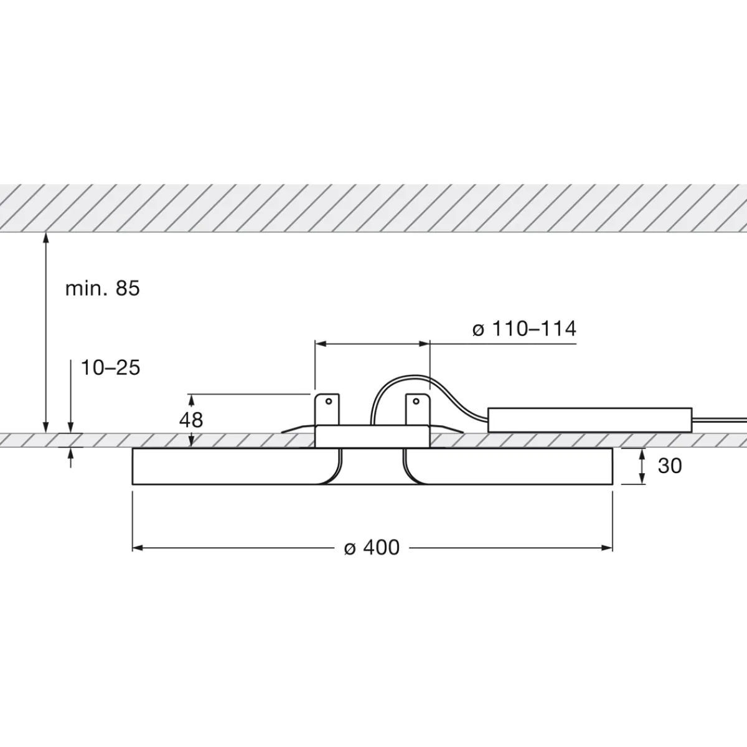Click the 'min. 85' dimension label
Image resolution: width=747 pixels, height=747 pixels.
pyautogui.click(x=103, y=288)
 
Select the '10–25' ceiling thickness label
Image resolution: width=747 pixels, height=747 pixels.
pyautogui.click(x=111, y=368)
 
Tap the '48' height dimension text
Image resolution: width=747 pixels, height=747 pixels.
pyautogui.click(x=191, y=420)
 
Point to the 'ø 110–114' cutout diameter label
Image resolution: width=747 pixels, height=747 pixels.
pyautogui.click(x=524, y=329)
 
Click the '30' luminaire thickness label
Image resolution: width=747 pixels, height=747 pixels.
pyautogui.click(x=669, y=466)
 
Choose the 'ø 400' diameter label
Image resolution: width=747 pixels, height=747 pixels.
pyautogui.click(x=372, y=547)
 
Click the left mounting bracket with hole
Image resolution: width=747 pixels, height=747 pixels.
pyautogui.click(x=327, y=408)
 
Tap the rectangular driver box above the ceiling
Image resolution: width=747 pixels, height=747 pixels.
pyautogui.click(x=590, y=420)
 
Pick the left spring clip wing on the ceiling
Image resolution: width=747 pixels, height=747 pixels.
pyautogui.click(x=298, y=429)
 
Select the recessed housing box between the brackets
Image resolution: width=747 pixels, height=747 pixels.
pyautogui.click(x=372, y=436)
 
